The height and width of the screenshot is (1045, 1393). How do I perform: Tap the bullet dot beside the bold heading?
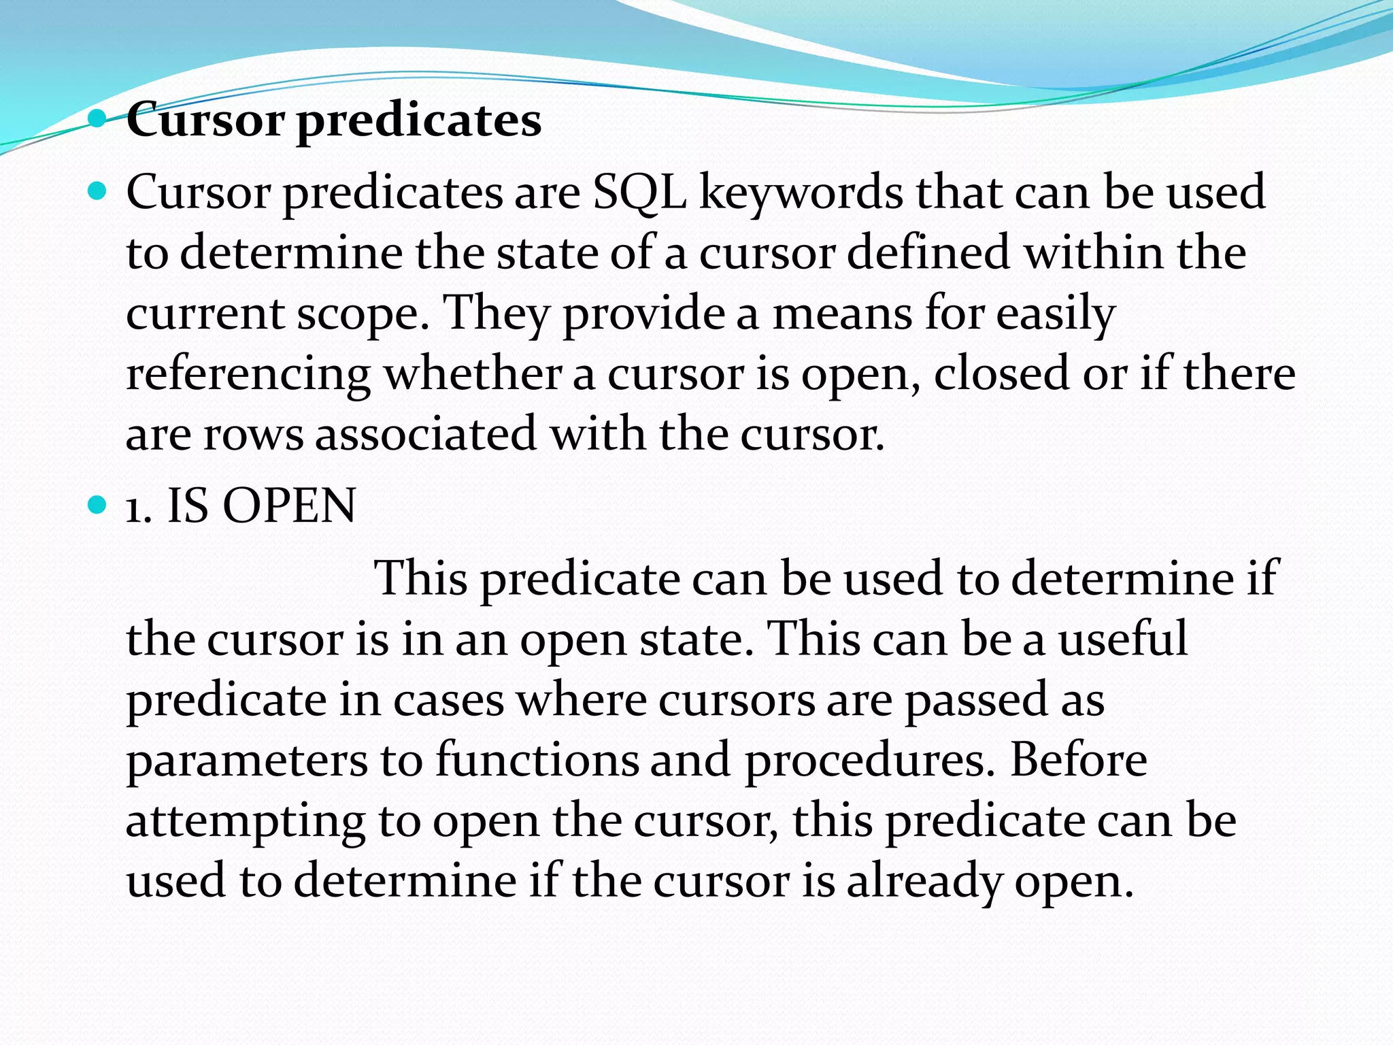point(98,120)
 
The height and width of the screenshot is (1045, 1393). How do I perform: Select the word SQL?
point(639,193)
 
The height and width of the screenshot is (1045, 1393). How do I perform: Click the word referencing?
point(248,376)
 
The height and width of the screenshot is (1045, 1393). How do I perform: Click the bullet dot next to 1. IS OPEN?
point(98,505)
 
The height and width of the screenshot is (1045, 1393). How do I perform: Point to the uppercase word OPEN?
point(289,506)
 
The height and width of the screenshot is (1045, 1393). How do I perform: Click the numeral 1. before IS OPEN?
point(138,508)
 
